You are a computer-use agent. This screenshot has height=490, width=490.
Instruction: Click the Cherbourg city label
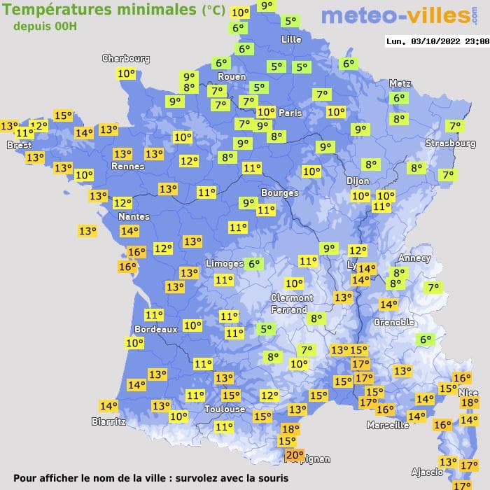tap(126, 59)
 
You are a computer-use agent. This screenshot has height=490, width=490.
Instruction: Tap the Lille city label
tap(290, 39)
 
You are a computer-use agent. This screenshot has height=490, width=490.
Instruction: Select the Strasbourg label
tap(450, 143)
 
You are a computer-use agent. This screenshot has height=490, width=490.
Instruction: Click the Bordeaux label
tap(155, 329)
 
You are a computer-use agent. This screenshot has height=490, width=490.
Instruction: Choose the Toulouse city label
tap(225, 409)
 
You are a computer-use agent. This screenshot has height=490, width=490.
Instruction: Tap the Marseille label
tap(387, 425)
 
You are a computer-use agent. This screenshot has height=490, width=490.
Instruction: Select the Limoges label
tap(224, 263)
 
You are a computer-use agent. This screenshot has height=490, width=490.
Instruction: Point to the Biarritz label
tap(108, 421)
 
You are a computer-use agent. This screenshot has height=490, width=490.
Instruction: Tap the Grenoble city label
tap(394, 323)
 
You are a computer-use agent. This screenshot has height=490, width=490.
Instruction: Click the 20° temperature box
tap(295, 456)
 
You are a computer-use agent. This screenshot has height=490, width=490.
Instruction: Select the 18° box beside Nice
tap(469, 402)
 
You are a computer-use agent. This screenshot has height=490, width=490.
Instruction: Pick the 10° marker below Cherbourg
tap(127, 73)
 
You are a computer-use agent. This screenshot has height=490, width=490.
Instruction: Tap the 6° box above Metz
tap(399, 99)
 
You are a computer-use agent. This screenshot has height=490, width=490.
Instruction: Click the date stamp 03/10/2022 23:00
tap(437, 41)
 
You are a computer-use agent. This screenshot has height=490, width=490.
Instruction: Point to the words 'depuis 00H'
tap(45, 26)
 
